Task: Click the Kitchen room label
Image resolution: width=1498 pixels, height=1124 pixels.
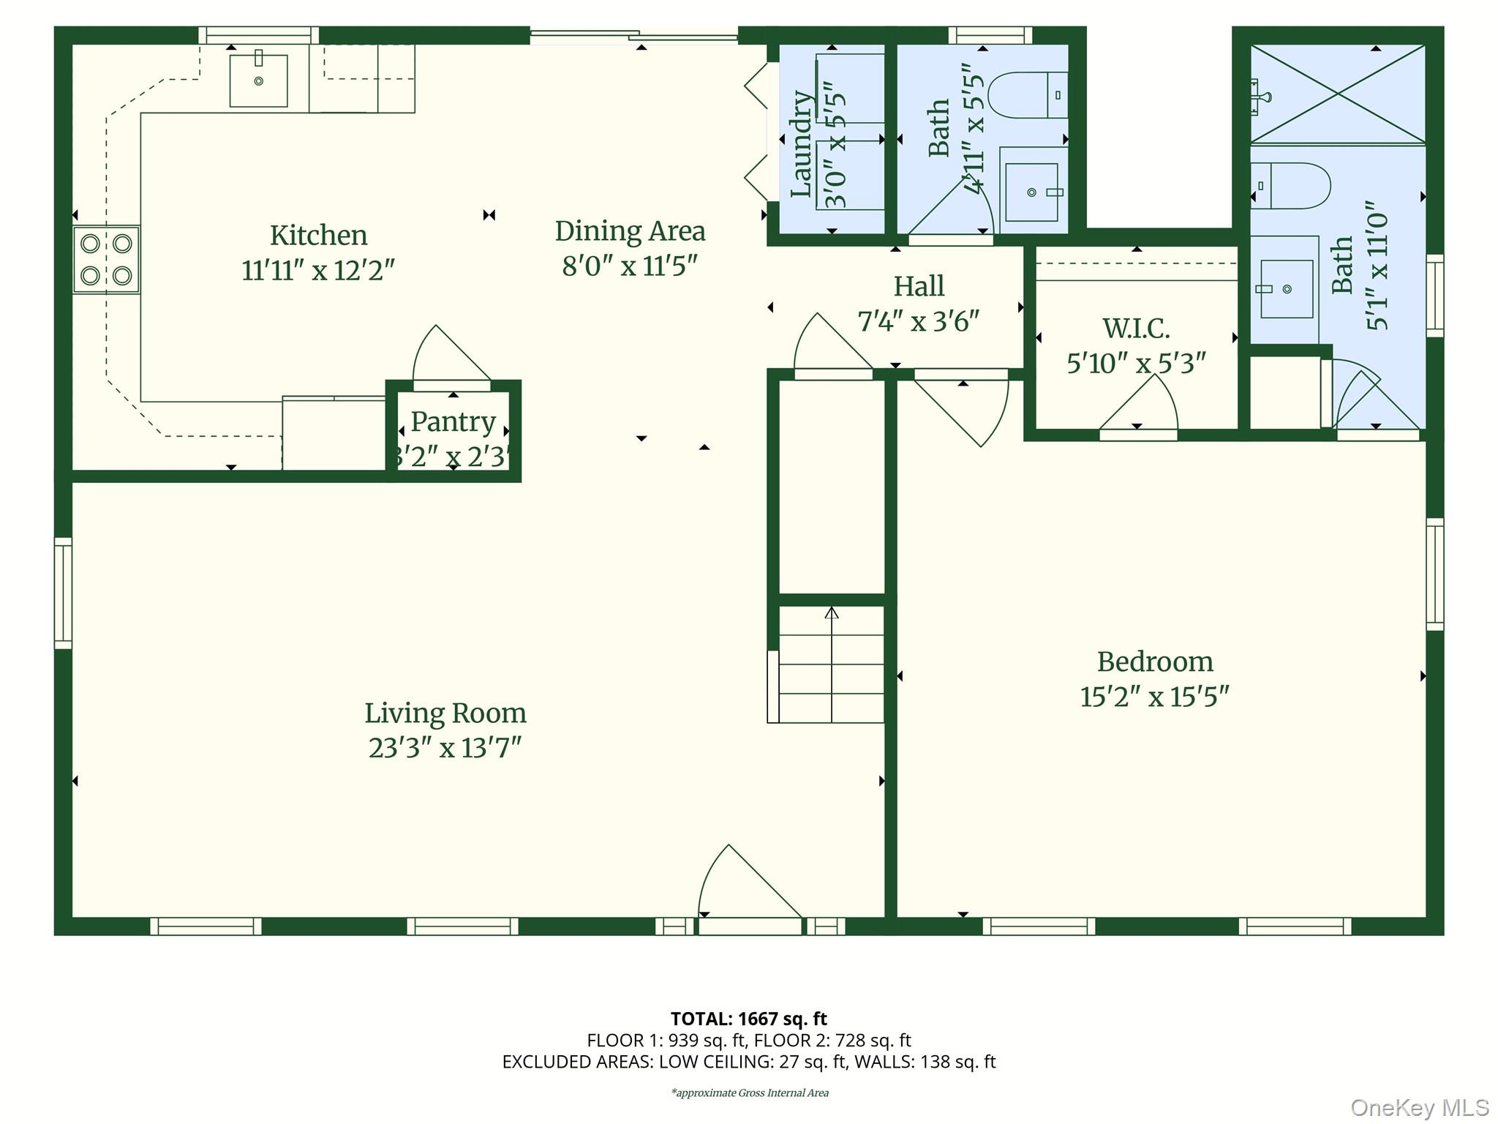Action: (318, 236)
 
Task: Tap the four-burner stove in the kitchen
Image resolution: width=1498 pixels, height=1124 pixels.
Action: (106, 260)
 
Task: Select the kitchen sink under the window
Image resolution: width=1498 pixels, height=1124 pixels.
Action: (258, 80)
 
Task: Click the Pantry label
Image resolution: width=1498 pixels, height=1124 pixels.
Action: (453, 421)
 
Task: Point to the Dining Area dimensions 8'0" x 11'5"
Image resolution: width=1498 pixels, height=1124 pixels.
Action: (630, 266)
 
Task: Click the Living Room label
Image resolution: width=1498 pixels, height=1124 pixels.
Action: (445, 713)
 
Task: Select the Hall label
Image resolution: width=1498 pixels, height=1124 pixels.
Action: (919, 286)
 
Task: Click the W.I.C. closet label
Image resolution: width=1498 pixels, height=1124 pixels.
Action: (1136, 329)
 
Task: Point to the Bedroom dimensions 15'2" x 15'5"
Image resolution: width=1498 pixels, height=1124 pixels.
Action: (1154, 697)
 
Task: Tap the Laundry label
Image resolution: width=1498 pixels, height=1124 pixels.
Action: (802, 144)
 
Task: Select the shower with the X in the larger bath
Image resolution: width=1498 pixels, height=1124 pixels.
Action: (1337, 94)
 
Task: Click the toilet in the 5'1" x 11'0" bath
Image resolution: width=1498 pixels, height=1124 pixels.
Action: (1292, 186)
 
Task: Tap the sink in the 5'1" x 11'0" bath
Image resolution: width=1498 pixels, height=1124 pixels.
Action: (1286, 289)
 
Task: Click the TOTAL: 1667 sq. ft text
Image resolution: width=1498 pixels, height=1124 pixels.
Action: (748, 1019)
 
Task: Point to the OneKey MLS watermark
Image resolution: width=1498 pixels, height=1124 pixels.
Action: (1419, 1107)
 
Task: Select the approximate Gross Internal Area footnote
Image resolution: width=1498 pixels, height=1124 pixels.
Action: (749, 1093)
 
